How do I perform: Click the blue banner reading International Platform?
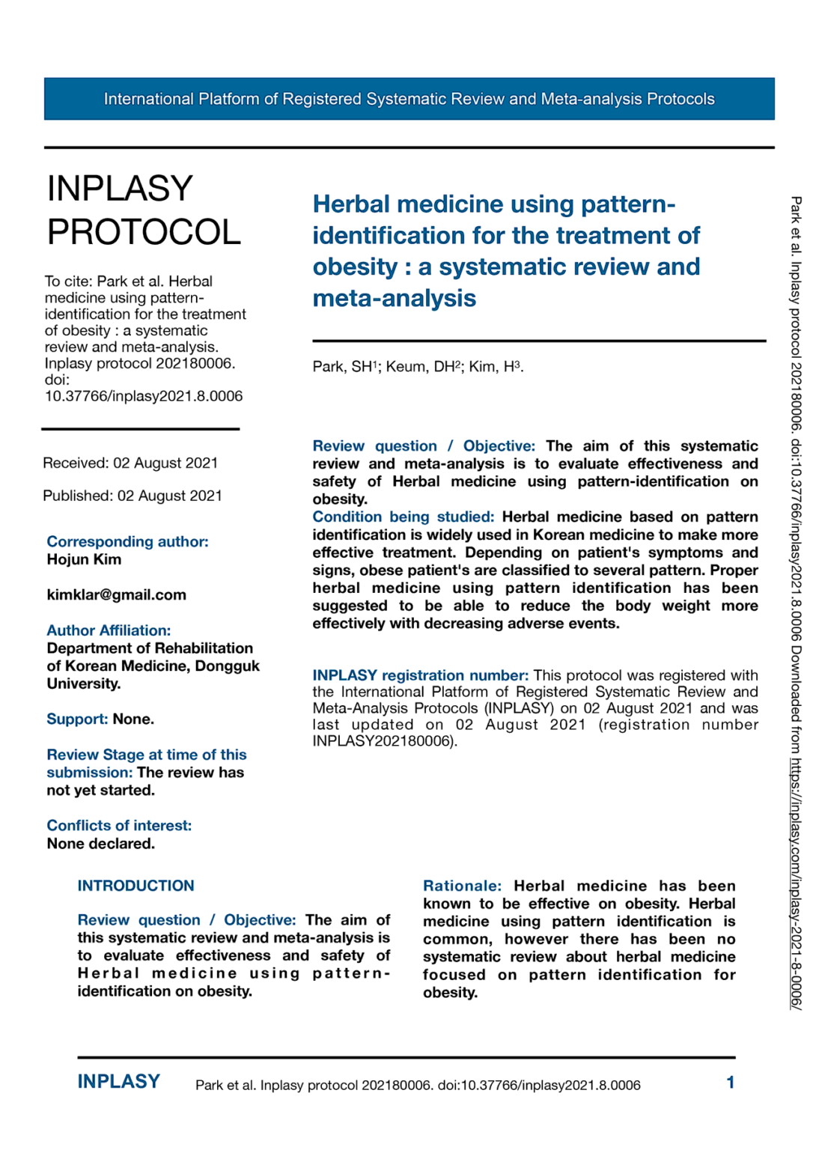click(409, 99)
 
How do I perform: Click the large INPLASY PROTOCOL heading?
click(144, 210)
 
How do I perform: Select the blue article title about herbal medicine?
click(506, 251)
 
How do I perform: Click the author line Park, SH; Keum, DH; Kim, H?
click(418, 367)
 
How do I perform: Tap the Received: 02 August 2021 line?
click(130, 463)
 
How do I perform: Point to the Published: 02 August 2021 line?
click(133, 496)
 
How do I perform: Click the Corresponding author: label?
click(127, 541)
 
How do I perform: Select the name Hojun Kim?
click(84, 559)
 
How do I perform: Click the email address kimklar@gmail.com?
click(116, 594)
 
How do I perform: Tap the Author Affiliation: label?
click(109, 630)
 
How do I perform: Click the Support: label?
click(77, 719)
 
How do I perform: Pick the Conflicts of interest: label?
click(119, 825)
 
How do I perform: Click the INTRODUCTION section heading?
click(135, 886)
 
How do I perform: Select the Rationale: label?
click(462, 886)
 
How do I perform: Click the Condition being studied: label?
click(403, 517)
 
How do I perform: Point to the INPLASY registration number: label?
click(420, 675)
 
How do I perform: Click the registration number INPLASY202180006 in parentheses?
click(383, 741)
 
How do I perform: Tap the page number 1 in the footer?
click(730, 1083)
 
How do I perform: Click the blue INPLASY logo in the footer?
click(119, 1082)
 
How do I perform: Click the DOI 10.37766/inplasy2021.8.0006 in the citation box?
click(144, 396)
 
